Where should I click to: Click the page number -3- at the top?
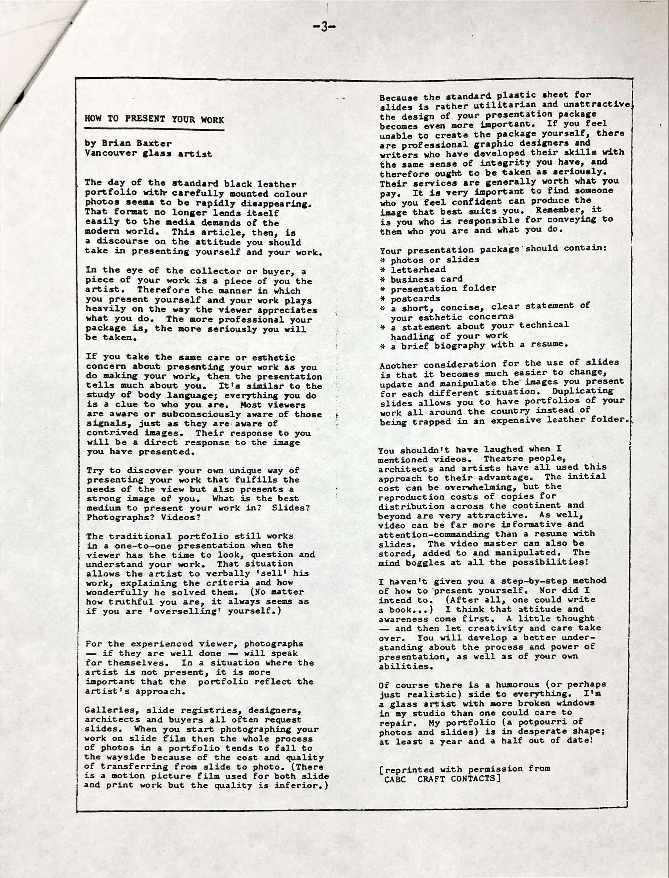pos(325,27)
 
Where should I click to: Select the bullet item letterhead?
pos(418,270)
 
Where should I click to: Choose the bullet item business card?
pos(427,279)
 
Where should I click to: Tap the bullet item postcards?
pos(415,299)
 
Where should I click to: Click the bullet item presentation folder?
pos(443,288)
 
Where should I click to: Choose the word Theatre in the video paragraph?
pos(505,458)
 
